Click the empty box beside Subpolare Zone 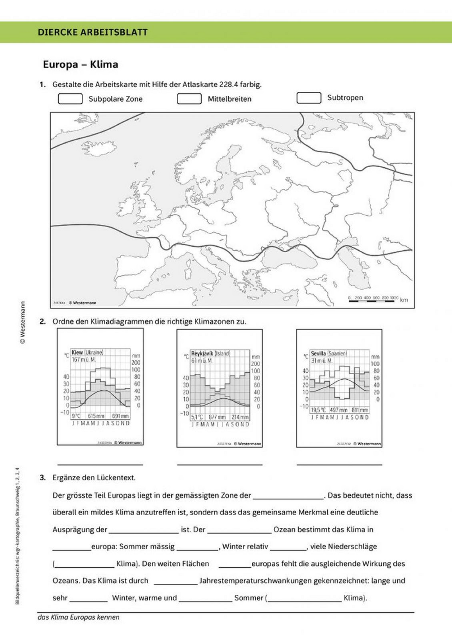click(x=70, y=99)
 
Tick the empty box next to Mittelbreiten click(x=189, y=99)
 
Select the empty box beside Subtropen click(x=309, y=98)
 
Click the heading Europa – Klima click(x=80, y=65)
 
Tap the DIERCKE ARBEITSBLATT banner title click(x=93, y=32)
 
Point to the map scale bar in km click(x=373, y=299)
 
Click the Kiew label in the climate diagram click(x=77, y=352)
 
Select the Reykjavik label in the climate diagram click(x=202, y=353)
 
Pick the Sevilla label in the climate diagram click(x=319, y=353)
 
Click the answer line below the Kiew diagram click(x=100, y=464)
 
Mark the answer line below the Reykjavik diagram click(x=220, y=464)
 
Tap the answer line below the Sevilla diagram click(x=339, y=464)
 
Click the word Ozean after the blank click(x=284, y=529)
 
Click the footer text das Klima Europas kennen click(x=79, y=617)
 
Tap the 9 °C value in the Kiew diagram click(x=75, y=416)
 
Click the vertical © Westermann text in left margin click(x=23, y=322)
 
